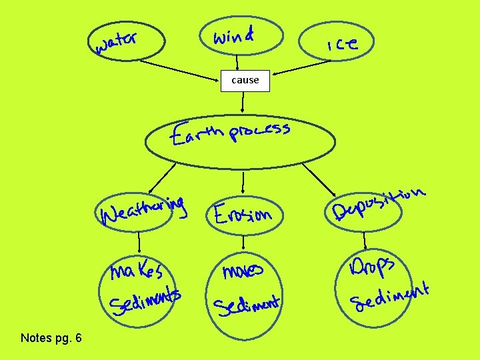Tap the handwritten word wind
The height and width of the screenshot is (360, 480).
coord(233,35)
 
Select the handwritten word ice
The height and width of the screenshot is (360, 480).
coord(342,45)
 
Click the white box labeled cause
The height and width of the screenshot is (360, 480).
coord(245,80)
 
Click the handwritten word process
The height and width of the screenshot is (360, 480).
coord(259,131)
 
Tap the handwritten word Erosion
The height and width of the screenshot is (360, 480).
coord(243,214)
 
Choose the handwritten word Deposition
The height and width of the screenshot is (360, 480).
coord(378,203)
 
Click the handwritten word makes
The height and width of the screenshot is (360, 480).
coord(136,270)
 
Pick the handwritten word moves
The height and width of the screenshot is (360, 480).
coord(243,271)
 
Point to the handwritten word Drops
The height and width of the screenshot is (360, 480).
coord(373,267)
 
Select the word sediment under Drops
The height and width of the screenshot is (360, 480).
coord(390,297)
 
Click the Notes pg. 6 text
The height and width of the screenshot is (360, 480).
coord(51,338)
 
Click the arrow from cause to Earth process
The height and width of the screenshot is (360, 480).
coord(243,101)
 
